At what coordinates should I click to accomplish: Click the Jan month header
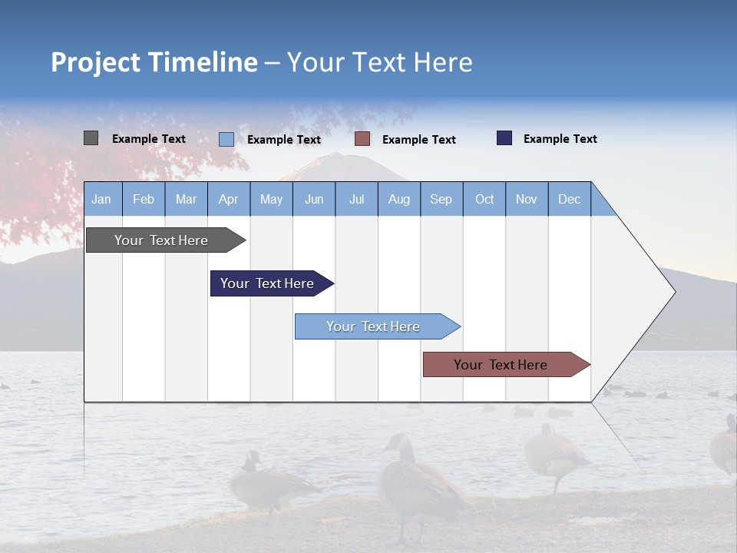point(101,199)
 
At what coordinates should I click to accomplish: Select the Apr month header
point(228,199)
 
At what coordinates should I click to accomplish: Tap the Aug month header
point(398,199)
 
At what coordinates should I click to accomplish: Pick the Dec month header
point(569,199)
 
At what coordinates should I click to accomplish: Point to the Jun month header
point(313,199)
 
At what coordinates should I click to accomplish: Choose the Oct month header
point(484,199)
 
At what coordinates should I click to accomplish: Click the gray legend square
point(91,138)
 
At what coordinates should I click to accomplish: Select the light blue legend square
point(226,139)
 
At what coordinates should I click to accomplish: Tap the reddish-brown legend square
point(362,139)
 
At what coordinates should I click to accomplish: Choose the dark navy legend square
point(504,138)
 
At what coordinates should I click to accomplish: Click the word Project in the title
point(96,62)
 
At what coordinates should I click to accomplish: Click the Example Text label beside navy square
point(560,139)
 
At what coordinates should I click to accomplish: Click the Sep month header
point(441,199)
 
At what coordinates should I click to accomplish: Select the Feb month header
point(144,199)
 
